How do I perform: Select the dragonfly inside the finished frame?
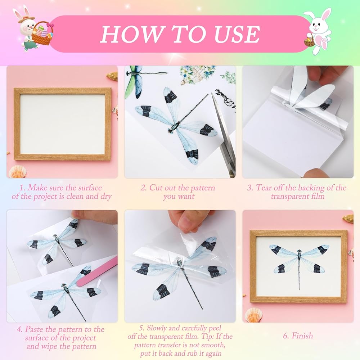pos(300,262)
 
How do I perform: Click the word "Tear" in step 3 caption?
pos(264,188)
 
